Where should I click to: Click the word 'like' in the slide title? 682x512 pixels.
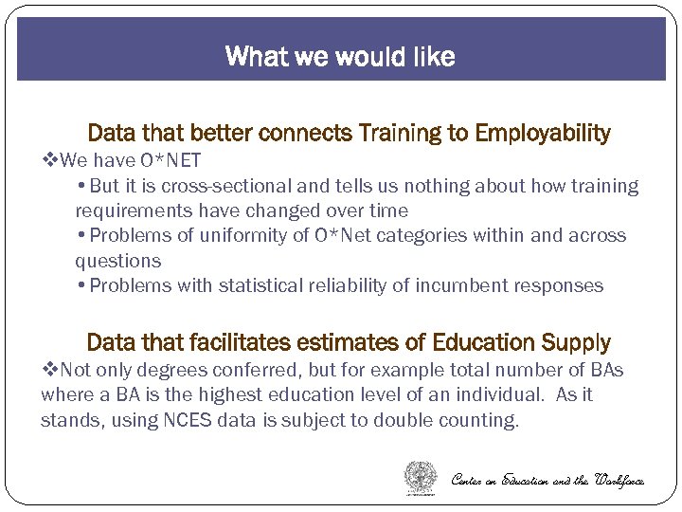point(432,57)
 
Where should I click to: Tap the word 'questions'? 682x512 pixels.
point(118,261)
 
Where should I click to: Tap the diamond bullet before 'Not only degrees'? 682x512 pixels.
point(50,370)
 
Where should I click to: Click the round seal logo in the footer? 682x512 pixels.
point(421,477)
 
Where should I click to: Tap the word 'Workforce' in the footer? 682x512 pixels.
point(619,480)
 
